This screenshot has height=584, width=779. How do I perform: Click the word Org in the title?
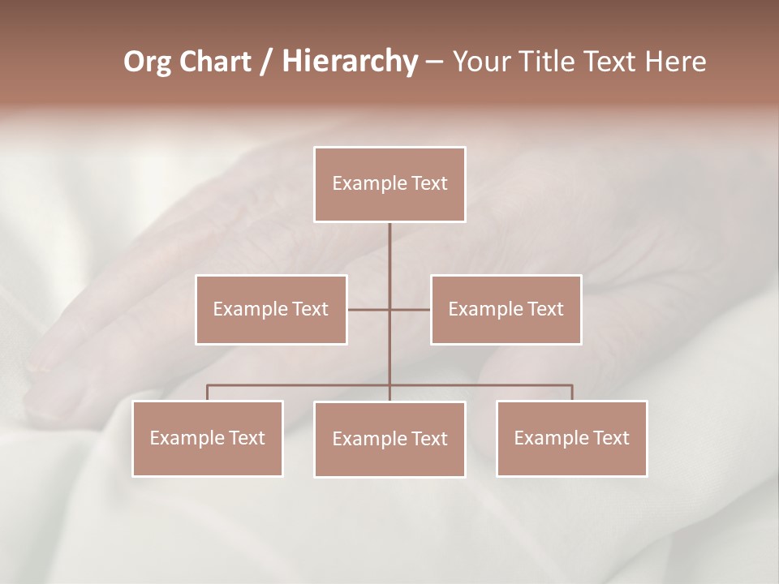147,62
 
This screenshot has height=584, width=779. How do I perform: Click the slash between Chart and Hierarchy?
266,62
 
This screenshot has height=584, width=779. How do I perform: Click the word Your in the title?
480,62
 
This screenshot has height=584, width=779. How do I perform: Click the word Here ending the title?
674,62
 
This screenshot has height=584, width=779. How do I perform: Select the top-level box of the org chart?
389,184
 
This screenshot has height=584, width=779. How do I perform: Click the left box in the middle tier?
271,309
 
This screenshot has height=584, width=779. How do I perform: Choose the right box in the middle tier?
506,309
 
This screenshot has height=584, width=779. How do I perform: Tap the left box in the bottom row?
208,438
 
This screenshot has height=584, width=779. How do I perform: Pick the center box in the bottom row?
389,439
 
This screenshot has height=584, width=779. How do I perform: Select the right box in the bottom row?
571,438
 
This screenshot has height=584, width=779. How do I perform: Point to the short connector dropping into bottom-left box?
208,393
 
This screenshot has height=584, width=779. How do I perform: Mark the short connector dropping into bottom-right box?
571,393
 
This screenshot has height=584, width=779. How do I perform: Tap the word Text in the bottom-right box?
611,438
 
